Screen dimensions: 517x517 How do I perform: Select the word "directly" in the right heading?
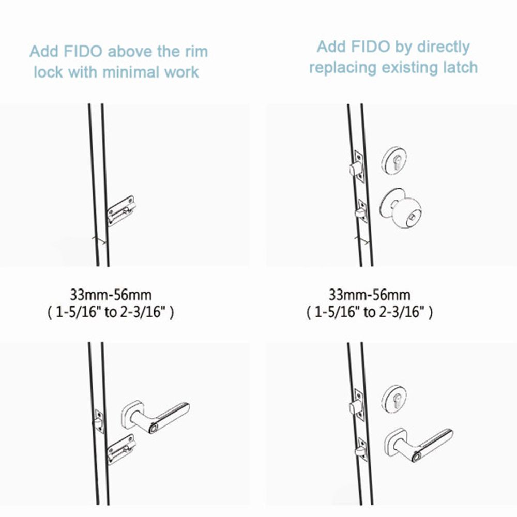[x=444, y=48]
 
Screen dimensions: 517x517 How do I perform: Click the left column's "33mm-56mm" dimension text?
[x=111, y=295]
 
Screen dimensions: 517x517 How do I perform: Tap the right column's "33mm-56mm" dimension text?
[x=370, y=295]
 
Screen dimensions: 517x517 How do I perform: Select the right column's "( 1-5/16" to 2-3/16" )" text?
[x=370, y=312]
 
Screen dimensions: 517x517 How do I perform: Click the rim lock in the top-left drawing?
[x=121, y=211]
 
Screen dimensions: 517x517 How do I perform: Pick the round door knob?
[x=401, y=208]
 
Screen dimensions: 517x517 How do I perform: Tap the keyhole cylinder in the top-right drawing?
[x=394, y=161]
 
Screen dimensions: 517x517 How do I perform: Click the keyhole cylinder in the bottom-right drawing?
[x=394, y=399]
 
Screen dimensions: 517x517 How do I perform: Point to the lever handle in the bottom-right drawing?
[x=419, y=445]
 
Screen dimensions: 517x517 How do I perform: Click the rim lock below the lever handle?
[x=121, y=449]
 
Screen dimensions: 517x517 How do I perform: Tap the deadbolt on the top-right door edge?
[x=356, y=168]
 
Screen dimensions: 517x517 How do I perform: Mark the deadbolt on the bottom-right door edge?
[x=356, y=405]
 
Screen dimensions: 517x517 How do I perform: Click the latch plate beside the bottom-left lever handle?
[x=99, y=421]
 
